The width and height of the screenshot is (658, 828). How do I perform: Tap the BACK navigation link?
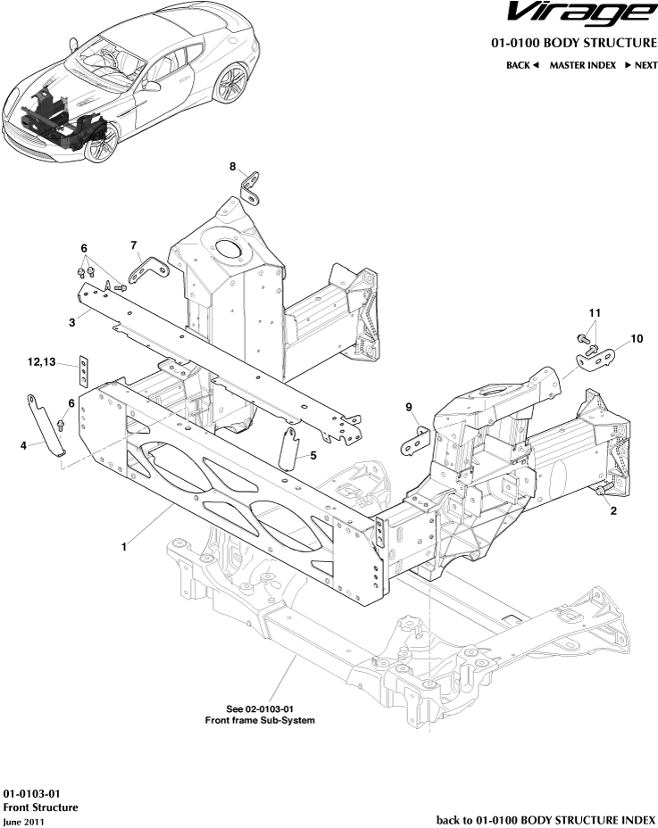[522, 65]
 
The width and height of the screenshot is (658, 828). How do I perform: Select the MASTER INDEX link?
[582, 65]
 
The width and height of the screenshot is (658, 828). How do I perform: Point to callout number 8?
[232, 167]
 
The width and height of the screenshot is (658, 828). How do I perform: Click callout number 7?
[133, 244]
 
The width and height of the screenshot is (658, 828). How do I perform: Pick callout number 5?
[313, 456]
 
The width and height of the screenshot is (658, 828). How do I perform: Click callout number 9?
[409, 408]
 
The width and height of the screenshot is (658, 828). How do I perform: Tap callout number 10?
[637, 339]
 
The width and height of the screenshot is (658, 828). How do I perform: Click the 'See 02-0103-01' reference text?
[260, 708]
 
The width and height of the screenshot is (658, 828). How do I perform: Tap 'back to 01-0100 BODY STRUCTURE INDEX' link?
[546, 819]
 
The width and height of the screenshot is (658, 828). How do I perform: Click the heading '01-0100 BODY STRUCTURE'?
[573, 43]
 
